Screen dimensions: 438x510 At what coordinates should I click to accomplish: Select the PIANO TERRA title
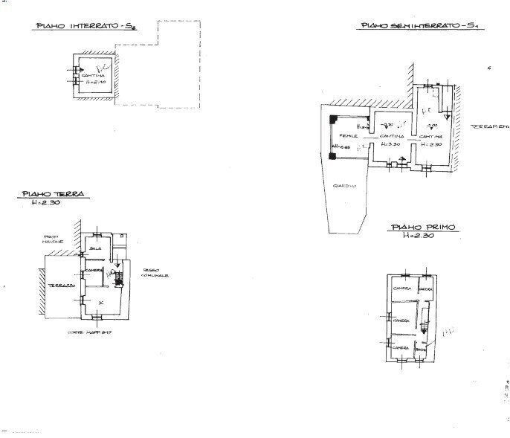53,194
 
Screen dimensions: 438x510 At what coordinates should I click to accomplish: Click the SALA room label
94,248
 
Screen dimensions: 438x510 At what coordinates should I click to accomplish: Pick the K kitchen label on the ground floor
101,303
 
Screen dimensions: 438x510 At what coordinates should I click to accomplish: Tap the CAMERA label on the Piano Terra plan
94,269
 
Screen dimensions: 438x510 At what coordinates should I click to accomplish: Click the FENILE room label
349,136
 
